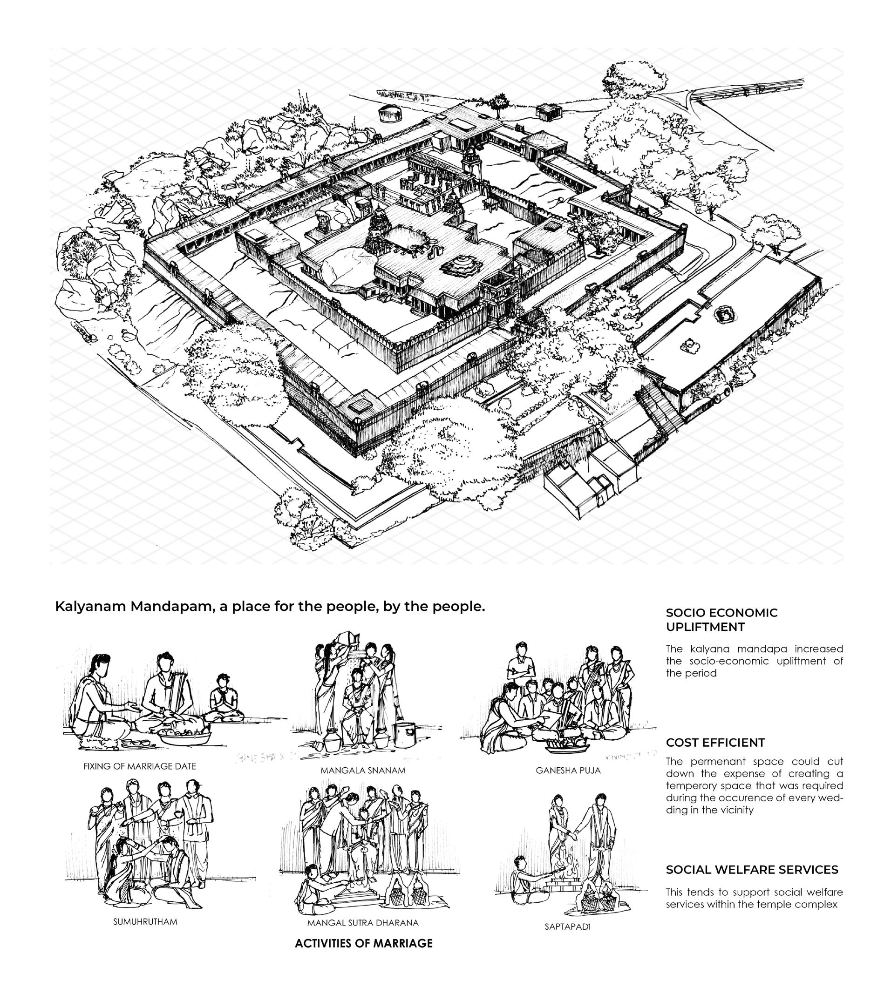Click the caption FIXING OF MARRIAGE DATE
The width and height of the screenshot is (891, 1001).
click(140, 766)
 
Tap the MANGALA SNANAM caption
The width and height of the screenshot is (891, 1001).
click(363, 771)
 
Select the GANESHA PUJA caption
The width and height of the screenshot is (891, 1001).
click(568, 771)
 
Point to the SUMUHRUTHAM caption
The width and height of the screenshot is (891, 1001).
click(145, 922)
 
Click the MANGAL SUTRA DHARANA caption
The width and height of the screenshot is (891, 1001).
click(363, 923)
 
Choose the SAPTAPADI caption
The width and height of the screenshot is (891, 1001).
click(567, 927)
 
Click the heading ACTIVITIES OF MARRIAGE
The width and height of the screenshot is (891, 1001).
click(363, 943)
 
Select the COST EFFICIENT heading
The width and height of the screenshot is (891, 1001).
click(715, 743)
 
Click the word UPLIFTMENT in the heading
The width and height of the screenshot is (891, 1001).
click(705, 627)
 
